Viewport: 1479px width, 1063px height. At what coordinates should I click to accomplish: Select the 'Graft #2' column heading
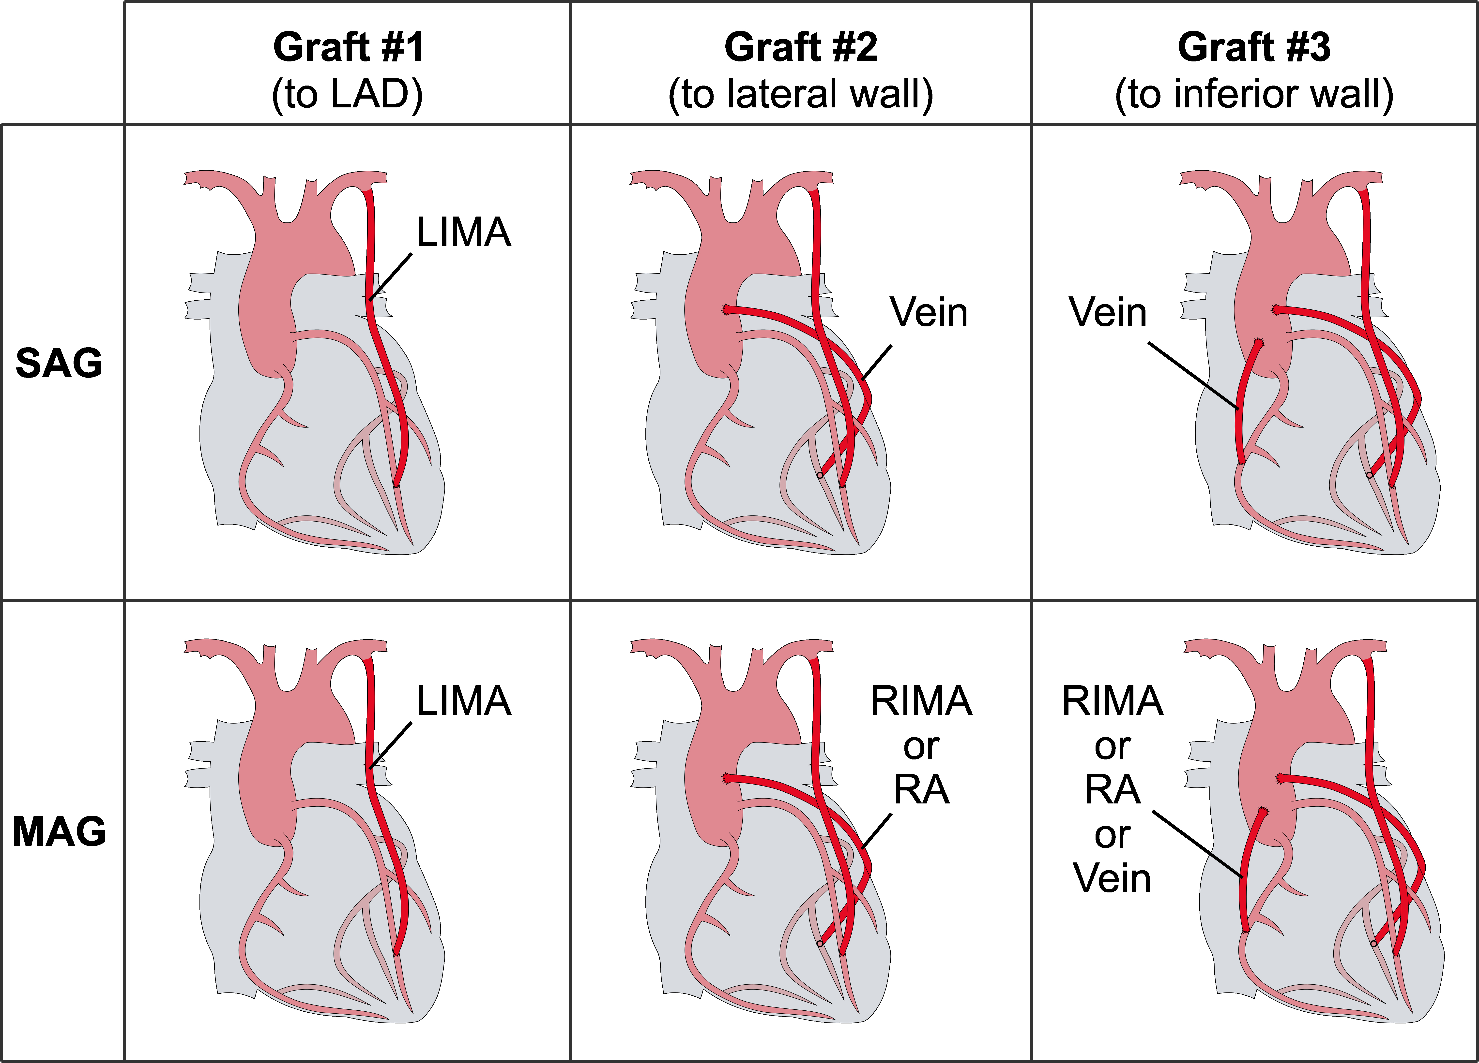point(801,48)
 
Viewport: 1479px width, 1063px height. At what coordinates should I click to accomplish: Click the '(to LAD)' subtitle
point(348,95)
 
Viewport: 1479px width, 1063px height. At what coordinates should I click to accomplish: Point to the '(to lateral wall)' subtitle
point(801,95)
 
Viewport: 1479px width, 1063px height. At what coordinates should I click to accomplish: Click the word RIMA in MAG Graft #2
point(921,701)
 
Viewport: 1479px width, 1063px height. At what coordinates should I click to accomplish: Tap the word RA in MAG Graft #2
point(921,790)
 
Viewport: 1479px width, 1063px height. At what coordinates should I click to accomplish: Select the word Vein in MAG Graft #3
point(1112,879)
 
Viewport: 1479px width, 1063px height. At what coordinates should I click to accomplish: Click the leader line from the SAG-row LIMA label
point(391,277)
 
